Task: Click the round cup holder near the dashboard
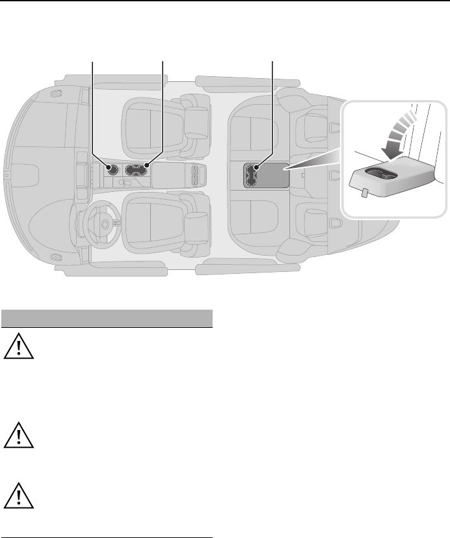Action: click(x=111, y=170)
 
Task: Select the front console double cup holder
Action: click(x=137, y=169)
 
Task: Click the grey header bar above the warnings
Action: click(x=107, y=319)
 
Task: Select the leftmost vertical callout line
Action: click(x=93, y=111)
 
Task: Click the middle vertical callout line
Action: click(x=163, y=111)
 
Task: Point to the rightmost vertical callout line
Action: click(x=271, y=111)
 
